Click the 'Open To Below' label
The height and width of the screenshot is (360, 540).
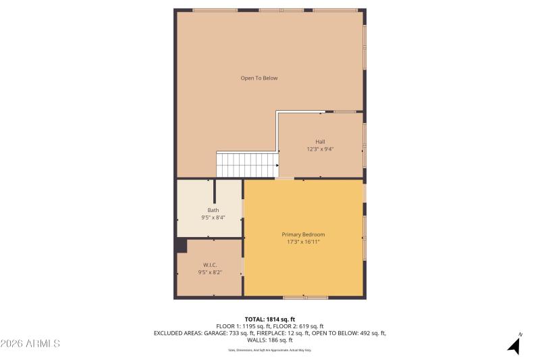(259, 78)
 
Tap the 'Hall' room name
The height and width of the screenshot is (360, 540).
(320, 141)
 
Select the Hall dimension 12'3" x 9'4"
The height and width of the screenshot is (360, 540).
(320, 149)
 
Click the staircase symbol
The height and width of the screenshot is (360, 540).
(247, 165)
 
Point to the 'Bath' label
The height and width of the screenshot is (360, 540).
(213, 210)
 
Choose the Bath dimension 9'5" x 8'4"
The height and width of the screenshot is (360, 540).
(213, 218)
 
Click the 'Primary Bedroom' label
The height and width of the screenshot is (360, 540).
(303, 234)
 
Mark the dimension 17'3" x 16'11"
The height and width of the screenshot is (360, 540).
(303, 242)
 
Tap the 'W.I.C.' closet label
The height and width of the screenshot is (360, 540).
(210, 265)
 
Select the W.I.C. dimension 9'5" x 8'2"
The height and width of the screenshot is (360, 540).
(210, 272)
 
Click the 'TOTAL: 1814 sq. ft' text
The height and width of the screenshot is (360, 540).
(270, 319)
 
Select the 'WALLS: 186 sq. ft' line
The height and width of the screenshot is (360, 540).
(270, 340)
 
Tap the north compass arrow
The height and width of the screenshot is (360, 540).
(514, 346)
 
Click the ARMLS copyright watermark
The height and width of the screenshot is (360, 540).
(30, 344)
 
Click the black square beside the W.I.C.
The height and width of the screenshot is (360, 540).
(181, 245)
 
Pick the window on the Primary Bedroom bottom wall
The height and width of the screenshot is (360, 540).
(305, 297)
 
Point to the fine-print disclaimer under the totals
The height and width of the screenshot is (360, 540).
(270, 350)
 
